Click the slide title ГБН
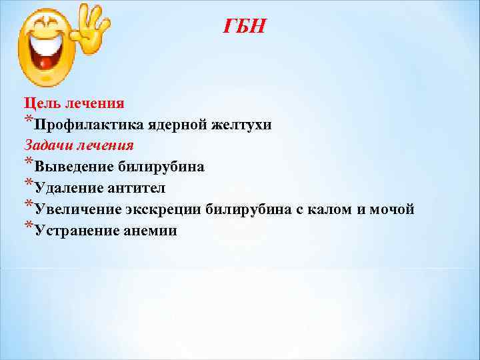244,27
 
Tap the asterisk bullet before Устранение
29,227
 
